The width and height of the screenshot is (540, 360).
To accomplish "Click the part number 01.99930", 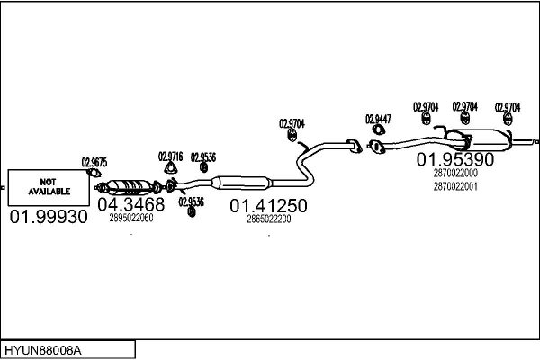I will pos(49,217).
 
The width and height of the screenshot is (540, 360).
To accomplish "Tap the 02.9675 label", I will pos(94,163).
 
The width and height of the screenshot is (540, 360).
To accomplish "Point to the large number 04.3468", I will pos(131,205).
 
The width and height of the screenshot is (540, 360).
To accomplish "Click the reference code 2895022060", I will pos(131,218).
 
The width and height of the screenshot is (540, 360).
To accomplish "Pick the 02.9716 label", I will pos(170,155).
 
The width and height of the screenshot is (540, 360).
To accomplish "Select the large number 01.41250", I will pos(268,206).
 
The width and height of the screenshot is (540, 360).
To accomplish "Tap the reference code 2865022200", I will pos(268,219).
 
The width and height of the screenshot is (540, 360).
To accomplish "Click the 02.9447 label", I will pos(378,118).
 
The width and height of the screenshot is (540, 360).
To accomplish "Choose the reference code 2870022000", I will pos(454,173).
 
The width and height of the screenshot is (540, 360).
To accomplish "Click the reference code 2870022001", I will pos(454,186).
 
